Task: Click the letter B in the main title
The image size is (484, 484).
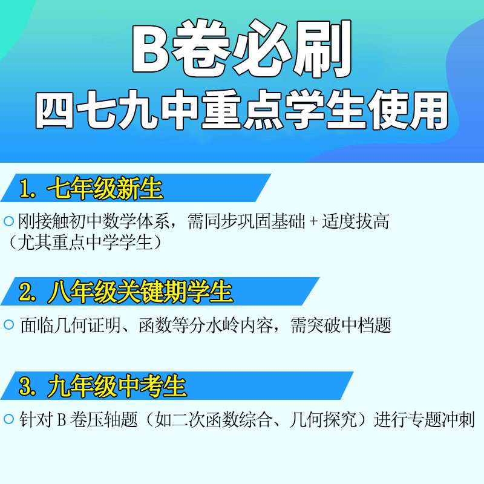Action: click(150, 48)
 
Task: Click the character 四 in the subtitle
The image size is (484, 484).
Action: click(54, 110)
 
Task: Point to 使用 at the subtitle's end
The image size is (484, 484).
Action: click(408, 110)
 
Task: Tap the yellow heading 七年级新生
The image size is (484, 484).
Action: click(105, 188)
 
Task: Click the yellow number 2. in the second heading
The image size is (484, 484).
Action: click(27, 292)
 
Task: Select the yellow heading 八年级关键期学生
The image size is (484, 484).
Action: click(140, 292)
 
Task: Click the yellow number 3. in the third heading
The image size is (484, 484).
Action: click(27, 386)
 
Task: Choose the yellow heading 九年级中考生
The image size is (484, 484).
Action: click(117, 386)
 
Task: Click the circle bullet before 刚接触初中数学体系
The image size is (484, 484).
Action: click(8, 221)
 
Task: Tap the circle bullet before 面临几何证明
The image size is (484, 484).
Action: click(8, 324)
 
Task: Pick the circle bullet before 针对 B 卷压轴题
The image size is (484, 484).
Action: click(8, 419)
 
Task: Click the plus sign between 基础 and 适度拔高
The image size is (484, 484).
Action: click(313, 221)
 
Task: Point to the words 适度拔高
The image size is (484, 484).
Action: click(355, 221)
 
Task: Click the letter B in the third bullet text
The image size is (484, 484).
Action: click(62, 420)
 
